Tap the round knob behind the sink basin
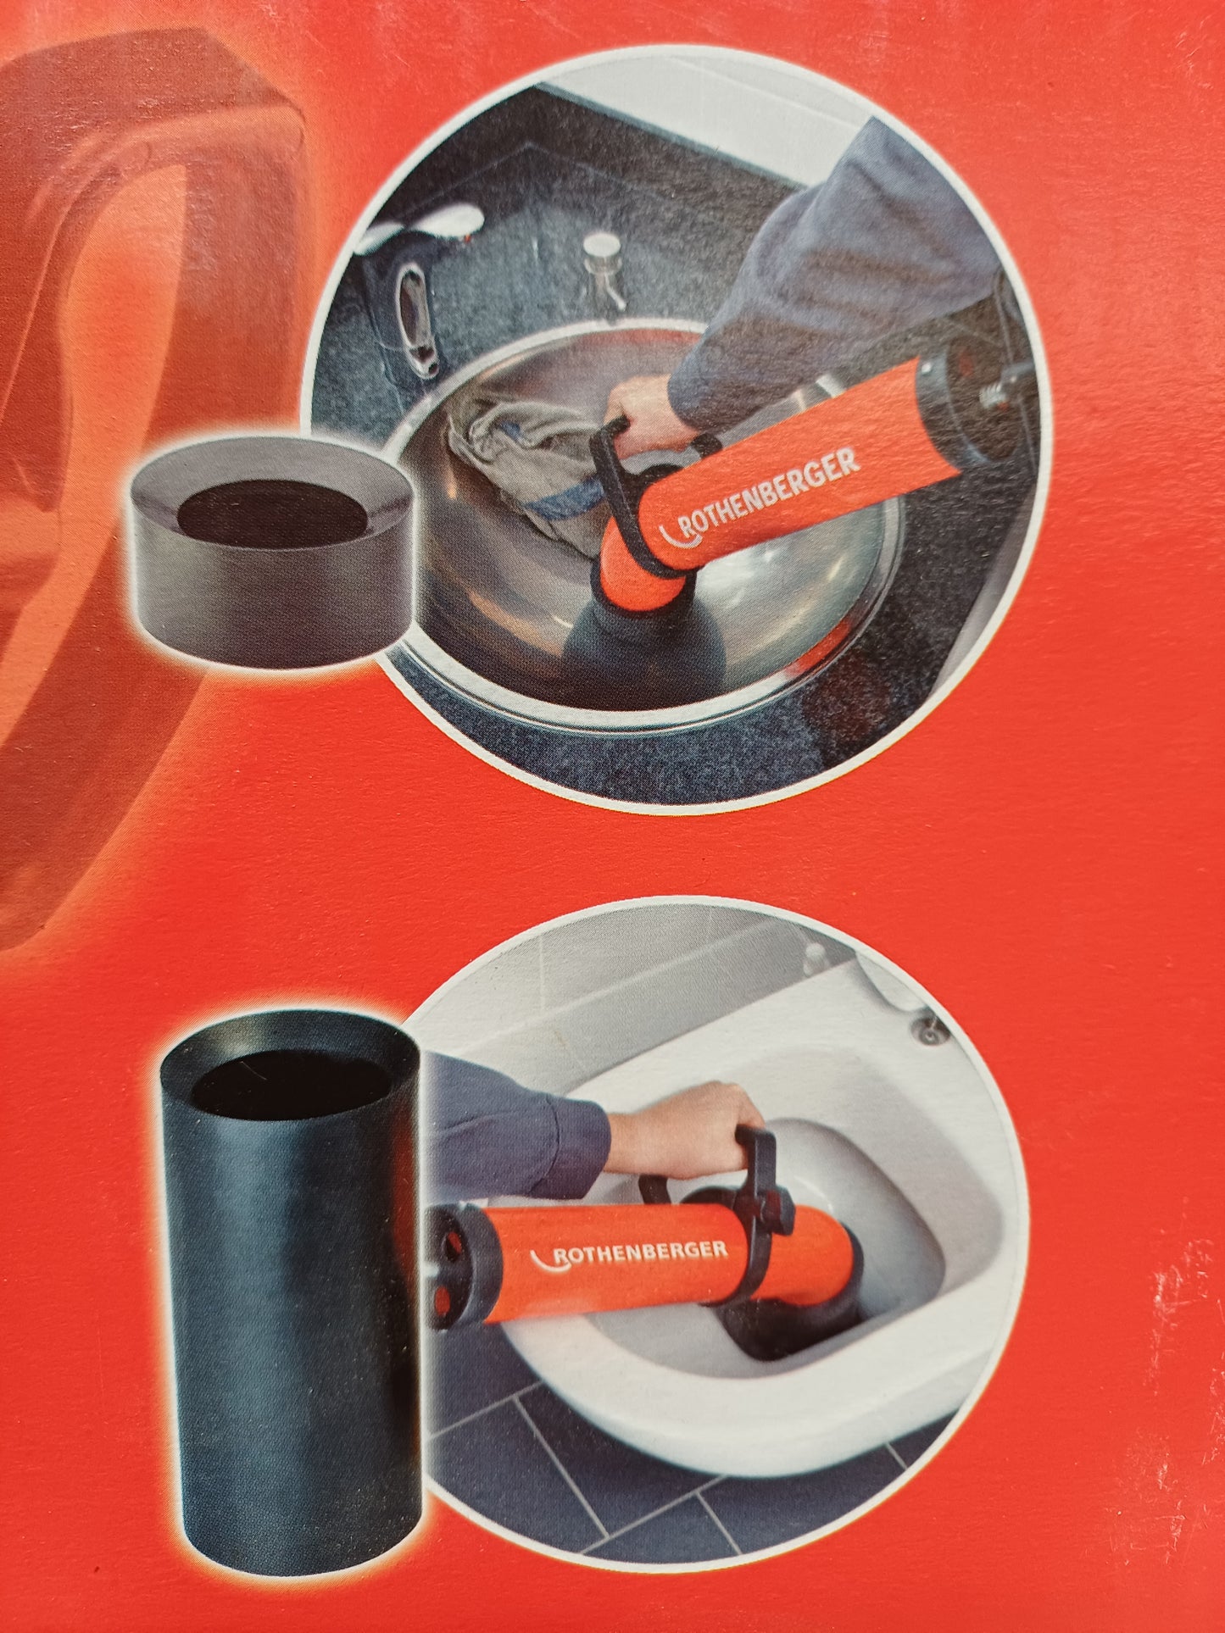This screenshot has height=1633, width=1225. (604, 247)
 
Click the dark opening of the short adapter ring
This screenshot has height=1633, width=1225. (273, 514)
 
